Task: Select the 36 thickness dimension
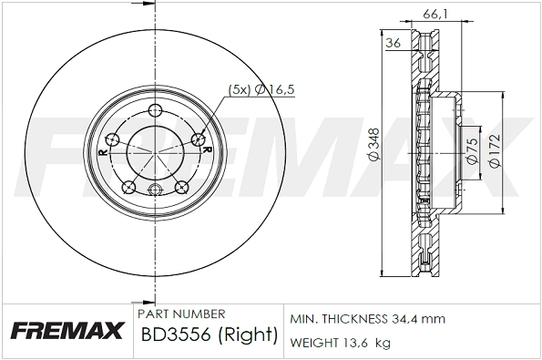coord(394,43)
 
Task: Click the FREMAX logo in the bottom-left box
coord(66,331)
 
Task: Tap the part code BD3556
coord(175,335)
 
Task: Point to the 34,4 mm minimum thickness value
coord(419,320)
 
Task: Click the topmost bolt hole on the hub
coord(154,112)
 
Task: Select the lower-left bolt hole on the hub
coord(128,189)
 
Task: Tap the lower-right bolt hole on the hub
coord(179,189)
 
